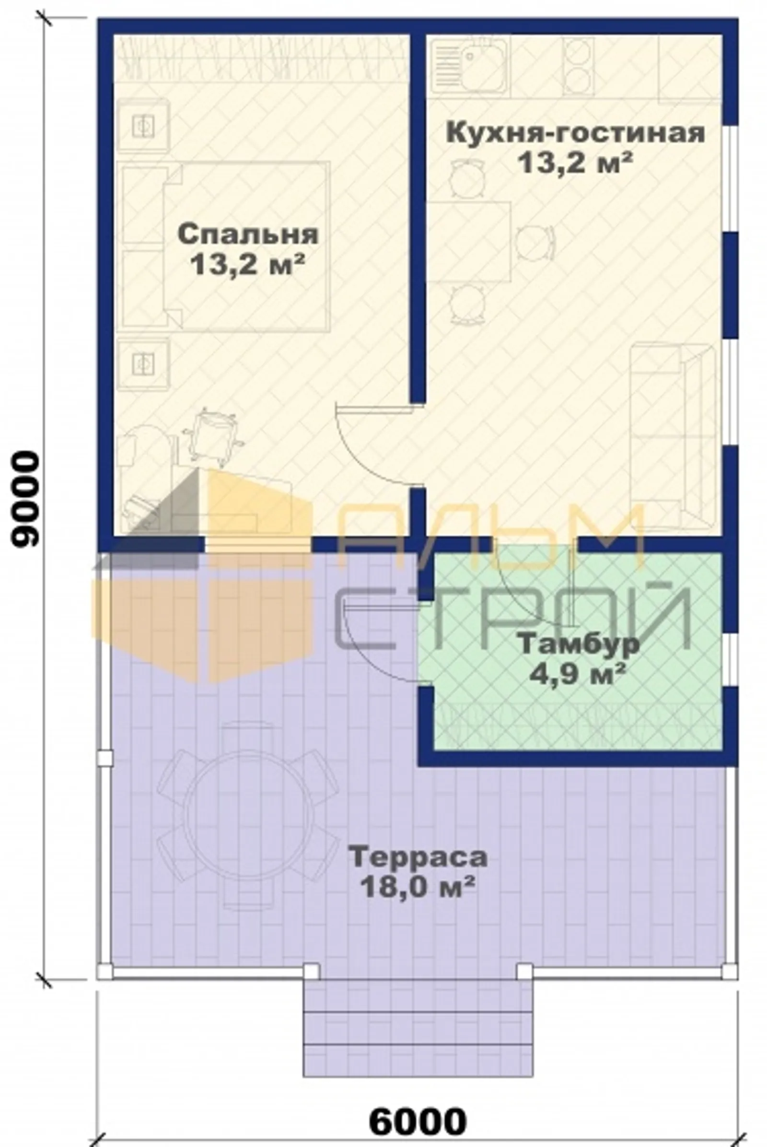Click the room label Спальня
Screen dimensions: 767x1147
coord(248,234)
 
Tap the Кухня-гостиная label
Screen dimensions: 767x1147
coord(575,133)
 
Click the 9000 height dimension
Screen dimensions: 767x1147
coord(24,498)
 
